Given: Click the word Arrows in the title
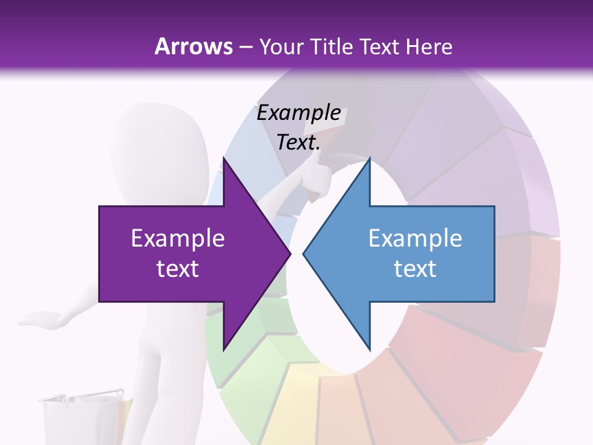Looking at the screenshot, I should pos(193,46).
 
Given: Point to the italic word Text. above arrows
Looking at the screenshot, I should pos(298,143).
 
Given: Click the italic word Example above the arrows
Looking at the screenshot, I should pos(298,113).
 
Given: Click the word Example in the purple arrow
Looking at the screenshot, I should pos(178,239).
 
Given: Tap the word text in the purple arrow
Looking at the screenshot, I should pos(178,269).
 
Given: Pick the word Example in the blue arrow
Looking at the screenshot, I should pos(415,239).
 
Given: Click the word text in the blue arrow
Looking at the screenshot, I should pos(415,269).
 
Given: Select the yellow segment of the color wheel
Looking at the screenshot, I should pos(296,396).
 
